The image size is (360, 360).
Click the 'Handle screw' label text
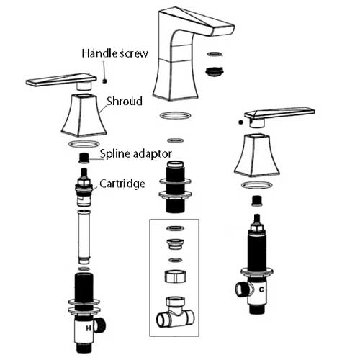tap(114, 53)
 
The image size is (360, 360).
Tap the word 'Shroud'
tap(125, 101)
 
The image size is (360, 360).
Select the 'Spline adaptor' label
tap(136, 153)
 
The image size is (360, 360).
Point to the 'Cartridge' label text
tap(122, 184)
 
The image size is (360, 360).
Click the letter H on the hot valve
tap(89, 328)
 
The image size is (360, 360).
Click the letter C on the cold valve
tap(261, 289)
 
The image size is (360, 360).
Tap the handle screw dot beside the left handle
tap(104, 81)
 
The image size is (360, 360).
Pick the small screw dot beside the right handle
tap(240, 122)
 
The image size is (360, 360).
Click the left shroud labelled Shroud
tap(84, 114)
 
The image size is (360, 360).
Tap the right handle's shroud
tap(256, 156)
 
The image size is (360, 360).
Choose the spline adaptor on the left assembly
tap(84, 158)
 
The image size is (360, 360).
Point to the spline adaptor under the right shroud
tap(257, 201)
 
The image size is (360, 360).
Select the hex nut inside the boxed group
tap(176, 276)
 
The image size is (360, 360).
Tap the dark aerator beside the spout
tap(215, 72)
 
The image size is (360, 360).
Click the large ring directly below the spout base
tap(175, 115)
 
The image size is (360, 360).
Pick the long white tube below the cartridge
tap(84, 236)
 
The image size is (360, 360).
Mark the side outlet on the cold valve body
tap(243, 289)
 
